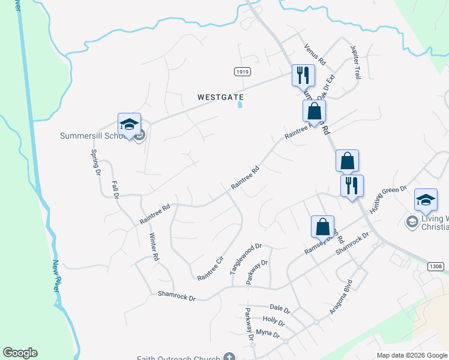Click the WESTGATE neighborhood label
[221, 97]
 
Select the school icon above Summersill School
[129, 124]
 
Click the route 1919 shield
[242, 71]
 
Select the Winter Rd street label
[154, 246]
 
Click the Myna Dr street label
[268, 333]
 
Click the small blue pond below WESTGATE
[241, 106]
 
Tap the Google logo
[20, 353]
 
